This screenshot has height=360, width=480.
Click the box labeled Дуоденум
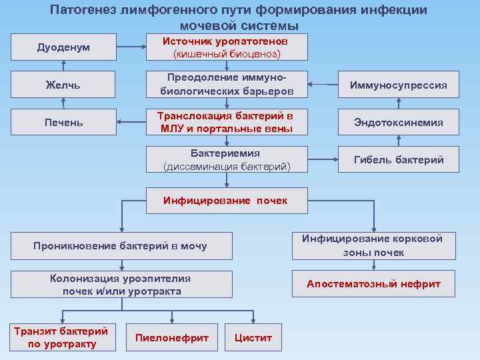63,47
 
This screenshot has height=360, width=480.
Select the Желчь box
63,85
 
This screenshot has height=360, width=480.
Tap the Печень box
63,122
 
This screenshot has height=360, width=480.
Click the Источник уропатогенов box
227,47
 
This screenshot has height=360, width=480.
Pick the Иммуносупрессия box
399,85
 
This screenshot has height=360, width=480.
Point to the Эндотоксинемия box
399,122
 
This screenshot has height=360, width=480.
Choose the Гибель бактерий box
399,160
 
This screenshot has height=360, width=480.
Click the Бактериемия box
227,160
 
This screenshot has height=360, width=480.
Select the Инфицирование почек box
227,200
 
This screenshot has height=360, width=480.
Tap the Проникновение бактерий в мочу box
121,246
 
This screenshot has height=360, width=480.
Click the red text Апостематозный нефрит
373,284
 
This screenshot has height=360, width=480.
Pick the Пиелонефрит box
172,337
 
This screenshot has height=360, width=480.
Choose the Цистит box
253,337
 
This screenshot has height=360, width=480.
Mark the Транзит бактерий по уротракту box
61,337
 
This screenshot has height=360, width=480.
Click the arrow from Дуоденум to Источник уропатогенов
131,47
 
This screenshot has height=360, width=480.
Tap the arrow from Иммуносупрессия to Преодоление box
323,85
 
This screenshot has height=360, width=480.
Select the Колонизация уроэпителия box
121,285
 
